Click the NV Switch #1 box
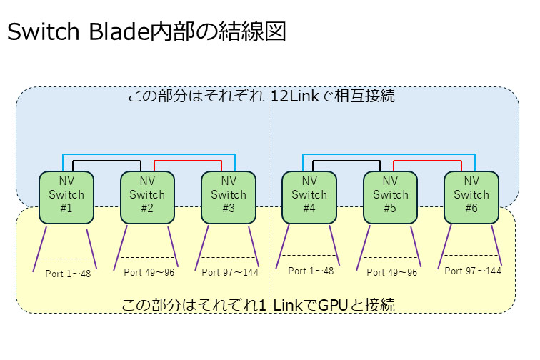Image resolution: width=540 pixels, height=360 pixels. click(x=66, y=195)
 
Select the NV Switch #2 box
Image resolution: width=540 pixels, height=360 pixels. click(x=147, y=195)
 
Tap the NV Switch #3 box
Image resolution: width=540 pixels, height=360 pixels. click(x=228, y=195)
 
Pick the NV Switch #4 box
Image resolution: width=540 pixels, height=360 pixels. click(x=309, y=195)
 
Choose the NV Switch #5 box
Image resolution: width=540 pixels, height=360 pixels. click(x=390, y=195)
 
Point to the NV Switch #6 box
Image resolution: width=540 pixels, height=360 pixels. click(x=471, y=195)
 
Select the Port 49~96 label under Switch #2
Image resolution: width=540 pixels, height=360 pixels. click(x=149, y=272)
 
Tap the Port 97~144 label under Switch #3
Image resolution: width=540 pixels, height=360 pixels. click(x=230, y=272)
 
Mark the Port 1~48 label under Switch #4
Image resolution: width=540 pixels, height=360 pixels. click(x=311, y=271)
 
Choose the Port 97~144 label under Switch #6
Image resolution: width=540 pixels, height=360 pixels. click(x=473, y=270)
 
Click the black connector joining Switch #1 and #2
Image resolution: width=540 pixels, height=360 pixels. click(x=106, y=161)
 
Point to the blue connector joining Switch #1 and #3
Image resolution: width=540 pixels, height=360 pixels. click(x=148, y=153)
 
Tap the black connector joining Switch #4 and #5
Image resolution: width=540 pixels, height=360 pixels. click(x=350, y=161)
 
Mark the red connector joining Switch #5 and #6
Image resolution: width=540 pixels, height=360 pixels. click(x=431, y=161)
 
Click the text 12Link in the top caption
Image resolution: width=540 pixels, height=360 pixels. click(x=292, y=96)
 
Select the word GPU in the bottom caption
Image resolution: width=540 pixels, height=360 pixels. click(x=333, y=306)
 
